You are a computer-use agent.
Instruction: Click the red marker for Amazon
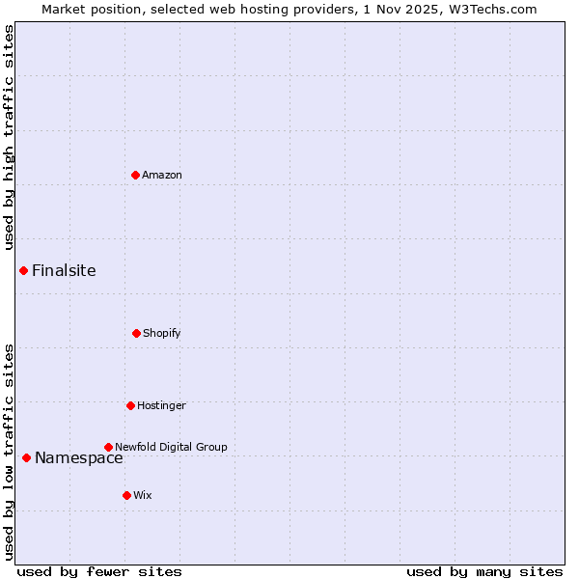click(x=135, y=175)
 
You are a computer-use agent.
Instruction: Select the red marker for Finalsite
click(x=23, y=270)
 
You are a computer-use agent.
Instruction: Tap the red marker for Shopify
click(x=136, y=333)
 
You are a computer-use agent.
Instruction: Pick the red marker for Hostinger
click(x=130, y=405)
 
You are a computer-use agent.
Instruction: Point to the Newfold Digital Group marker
click(x=108, y=447)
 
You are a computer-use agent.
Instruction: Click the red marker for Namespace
click(x=26, y=457)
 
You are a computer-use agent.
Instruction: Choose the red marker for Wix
click(x=126, y=495)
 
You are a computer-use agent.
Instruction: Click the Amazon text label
click(x=162, y=175)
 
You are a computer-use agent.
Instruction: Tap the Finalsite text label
click(x=64, y=270)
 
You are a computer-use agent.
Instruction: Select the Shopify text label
click(x=162, y=333)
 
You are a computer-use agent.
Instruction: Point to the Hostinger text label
click(x=161, y=405)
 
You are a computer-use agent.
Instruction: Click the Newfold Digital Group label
click(x=171, y=447)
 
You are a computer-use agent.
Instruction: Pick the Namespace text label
click(x=79, y=457)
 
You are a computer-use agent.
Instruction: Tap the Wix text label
click(x=143, y=495)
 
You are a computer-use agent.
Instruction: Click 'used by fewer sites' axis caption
click(x=99, y=571)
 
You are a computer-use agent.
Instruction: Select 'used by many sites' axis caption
click(x=484, y=571)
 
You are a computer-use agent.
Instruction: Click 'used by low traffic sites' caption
click(x=9, y=452)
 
